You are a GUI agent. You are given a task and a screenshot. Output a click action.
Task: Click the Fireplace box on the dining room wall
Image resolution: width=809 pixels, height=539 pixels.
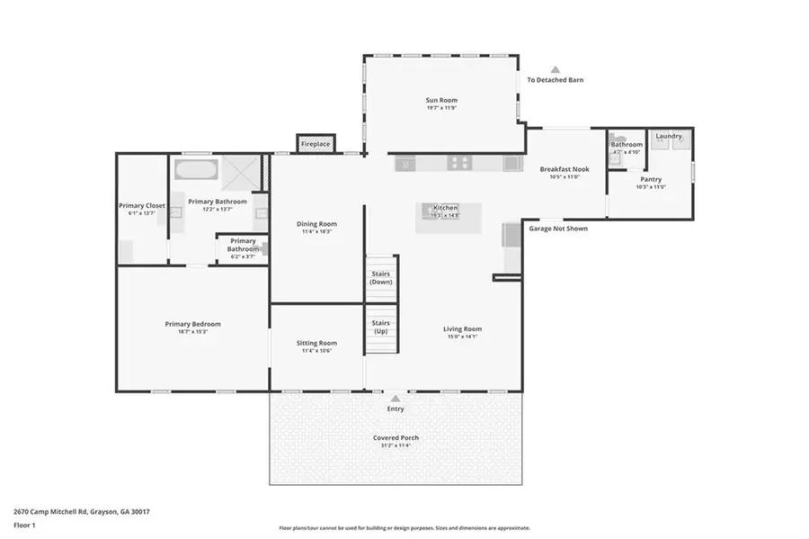click(x=316, y=144)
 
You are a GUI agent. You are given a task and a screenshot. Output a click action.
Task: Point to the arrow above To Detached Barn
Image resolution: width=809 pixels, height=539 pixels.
click(x=555, y=69)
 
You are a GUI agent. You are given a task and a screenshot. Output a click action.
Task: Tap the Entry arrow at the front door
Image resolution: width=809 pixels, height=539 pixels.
click(x=396, y=396)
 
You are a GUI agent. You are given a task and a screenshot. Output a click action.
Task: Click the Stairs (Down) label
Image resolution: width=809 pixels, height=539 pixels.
click(x=380, y=278)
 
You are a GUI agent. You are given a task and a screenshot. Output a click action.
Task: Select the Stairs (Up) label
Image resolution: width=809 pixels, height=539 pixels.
click(x=380, y=327)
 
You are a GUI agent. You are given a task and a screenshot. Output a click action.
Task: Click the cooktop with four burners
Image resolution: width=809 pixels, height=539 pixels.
click(x=460, y=164)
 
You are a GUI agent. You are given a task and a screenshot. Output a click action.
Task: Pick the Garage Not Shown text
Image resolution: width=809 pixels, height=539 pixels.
click(x=557, y=229)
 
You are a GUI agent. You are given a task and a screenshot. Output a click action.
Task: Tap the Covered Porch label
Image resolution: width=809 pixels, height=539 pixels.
click(x=396, y=438)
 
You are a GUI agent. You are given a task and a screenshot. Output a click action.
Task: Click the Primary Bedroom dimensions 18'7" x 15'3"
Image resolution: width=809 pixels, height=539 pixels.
click(x=192, y=332)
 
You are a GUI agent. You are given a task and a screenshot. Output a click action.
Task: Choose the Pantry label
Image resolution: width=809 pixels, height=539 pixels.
click(x=651, y=179)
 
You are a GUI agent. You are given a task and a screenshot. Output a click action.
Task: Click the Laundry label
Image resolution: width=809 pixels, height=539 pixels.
click(x=668, y=137)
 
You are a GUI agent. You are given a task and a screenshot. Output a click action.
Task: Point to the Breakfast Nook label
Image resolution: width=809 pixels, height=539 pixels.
click(x=564, y=169)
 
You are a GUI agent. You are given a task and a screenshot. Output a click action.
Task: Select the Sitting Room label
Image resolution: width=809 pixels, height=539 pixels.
click(x=316, y=343)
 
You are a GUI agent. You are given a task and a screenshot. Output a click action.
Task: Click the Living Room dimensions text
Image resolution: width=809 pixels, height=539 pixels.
click(x=462, y=337)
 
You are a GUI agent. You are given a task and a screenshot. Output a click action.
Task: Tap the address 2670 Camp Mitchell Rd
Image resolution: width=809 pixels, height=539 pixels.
click(x=81, y=511)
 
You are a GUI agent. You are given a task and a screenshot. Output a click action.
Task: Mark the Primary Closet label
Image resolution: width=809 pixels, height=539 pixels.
click(x=142, y=205)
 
